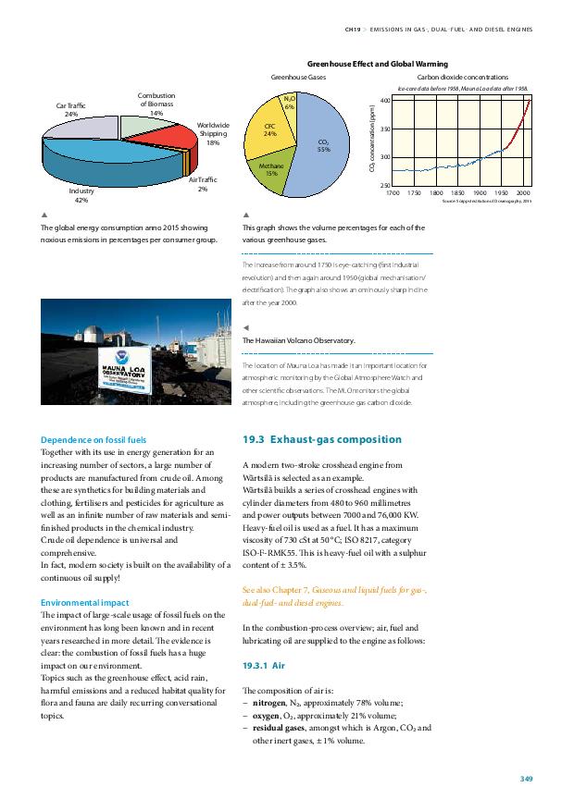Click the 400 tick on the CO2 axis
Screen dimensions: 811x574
click(383, 99)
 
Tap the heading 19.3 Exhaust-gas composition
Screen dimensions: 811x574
click(320, 438)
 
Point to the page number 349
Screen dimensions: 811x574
click(526, 780)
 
